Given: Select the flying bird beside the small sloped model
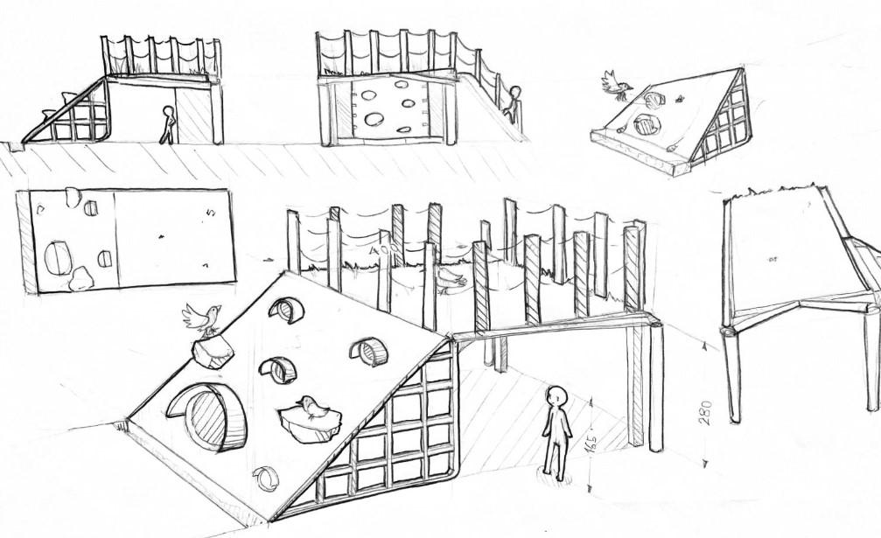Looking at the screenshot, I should (617, 85).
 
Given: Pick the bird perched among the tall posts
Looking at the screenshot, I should (449, 277).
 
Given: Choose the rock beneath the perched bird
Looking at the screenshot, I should (212, 352).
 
